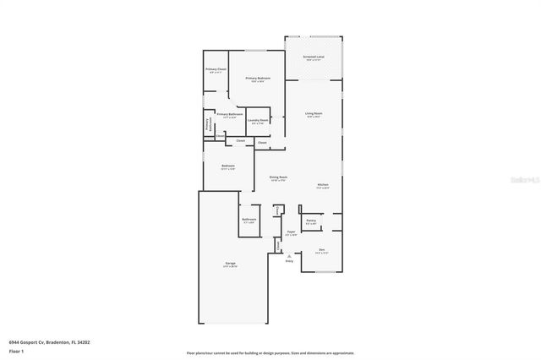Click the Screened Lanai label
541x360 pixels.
314,57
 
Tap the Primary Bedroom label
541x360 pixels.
258,79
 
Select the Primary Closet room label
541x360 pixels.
216,70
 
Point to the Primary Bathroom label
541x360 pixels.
230,114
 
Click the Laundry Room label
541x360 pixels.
259,121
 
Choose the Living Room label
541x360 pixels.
314,114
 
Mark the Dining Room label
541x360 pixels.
278,178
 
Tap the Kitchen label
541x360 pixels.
323,185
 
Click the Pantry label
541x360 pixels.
311,221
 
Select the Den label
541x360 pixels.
321,250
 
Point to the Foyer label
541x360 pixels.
291,232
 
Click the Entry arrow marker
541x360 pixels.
289,255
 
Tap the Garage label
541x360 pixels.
230,265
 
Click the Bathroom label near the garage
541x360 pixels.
249,220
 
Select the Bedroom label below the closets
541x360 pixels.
228,166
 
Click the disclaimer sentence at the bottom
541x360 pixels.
270,353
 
